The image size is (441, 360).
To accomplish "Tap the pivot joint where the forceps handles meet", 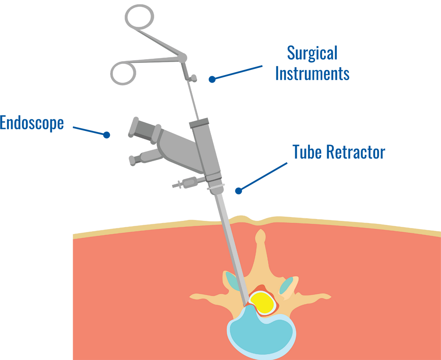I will click(x=182, y=58).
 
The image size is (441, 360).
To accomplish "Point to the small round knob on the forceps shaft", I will click(x=194, y=77).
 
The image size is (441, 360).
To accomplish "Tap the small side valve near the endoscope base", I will click(x=185, y=183).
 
